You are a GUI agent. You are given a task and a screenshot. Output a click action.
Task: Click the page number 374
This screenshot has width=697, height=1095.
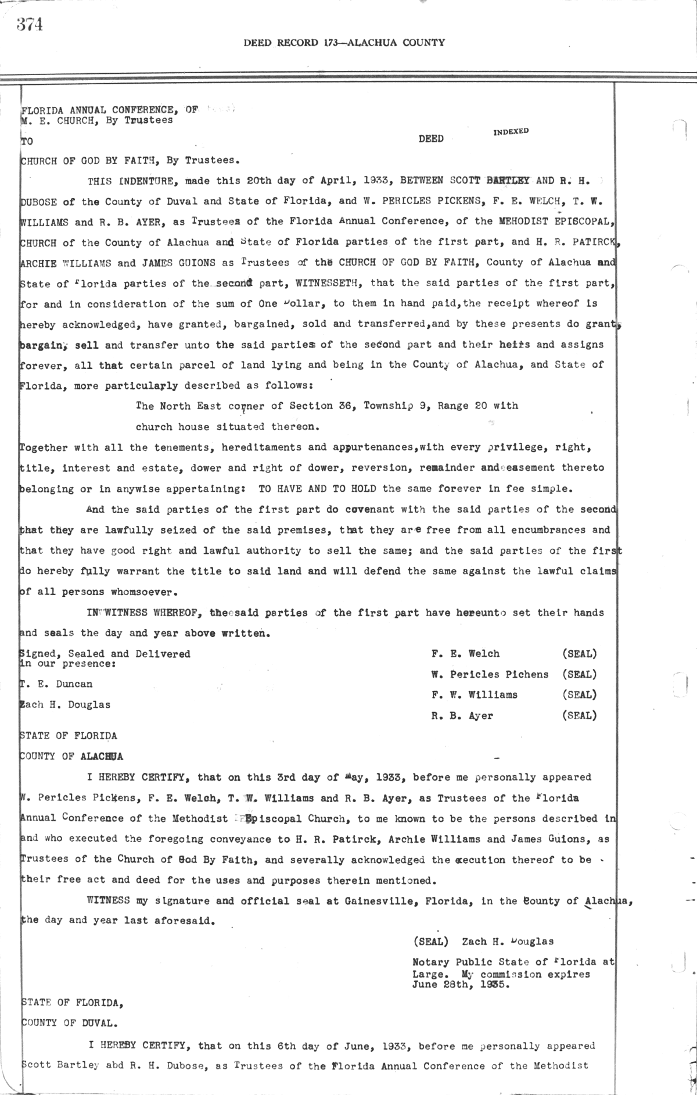(x=30, y=25)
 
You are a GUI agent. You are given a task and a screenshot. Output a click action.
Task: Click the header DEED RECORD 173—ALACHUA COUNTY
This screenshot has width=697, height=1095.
(x=344, y=42)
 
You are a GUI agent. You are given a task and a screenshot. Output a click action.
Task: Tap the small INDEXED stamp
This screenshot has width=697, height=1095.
(x=511, y=131)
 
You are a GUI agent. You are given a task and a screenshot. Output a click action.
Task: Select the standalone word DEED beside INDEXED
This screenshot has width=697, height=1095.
(x=431, y=139)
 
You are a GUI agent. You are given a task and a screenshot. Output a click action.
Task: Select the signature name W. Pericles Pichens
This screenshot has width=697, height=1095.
(x=490, y=675)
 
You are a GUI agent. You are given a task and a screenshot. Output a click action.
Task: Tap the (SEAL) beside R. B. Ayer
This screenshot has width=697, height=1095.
(x=579, y=716)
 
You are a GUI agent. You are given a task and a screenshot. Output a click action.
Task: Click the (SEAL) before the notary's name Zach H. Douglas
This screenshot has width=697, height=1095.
(x=430, y=942)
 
